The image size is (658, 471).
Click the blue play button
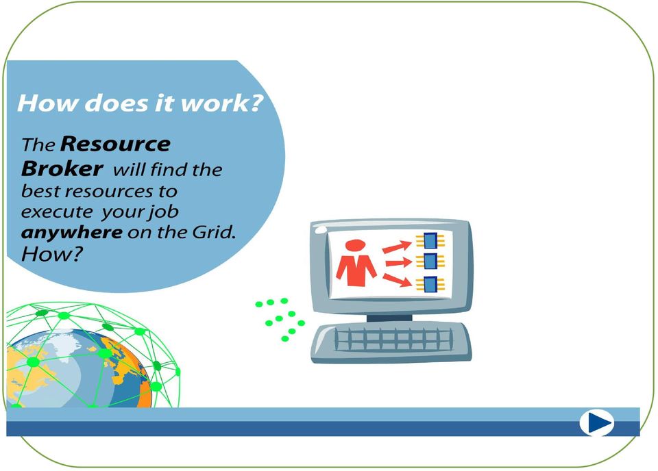coord(596,422)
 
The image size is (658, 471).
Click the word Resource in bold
coord(115,144)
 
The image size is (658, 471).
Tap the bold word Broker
coord(62,168)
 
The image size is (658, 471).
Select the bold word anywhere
coord(71,232)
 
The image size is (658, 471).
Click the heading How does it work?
coord(140,103)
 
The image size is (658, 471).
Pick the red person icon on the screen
coord(356,263)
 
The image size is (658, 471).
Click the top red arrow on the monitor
coord(397,246)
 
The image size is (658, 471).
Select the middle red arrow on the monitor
coord(399,263)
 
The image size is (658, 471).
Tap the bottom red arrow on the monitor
coord(397,280)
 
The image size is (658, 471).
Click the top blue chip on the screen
coord(430,240)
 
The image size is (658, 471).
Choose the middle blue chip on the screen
coord(430,262)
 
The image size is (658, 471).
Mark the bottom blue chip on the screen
coord(430,284)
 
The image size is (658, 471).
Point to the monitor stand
coord(389,318)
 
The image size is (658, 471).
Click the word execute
coord(57,212)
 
